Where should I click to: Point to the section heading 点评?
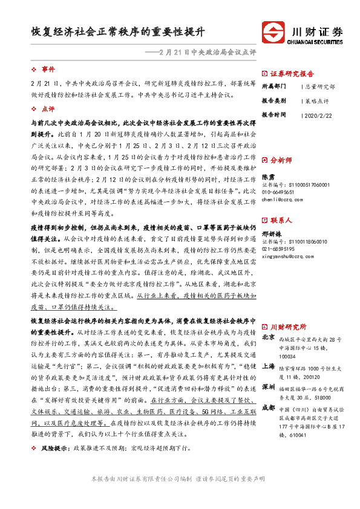coord(48,109)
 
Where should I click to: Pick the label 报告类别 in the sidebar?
coord(273,100)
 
